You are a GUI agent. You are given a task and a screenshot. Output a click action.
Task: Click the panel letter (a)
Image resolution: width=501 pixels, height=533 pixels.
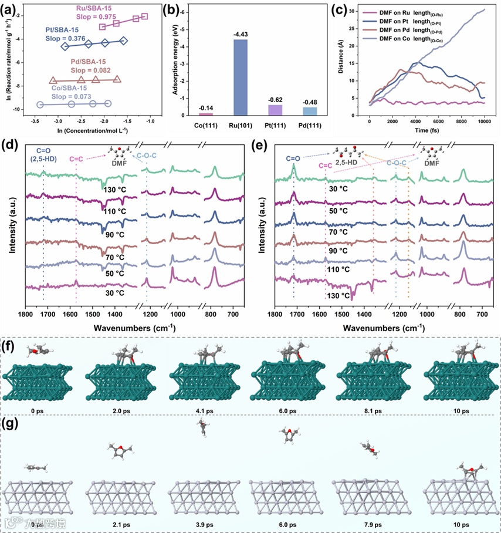pos(13,8)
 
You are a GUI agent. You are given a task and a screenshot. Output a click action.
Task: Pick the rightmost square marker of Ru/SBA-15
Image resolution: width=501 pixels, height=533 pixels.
pos(144,16)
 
